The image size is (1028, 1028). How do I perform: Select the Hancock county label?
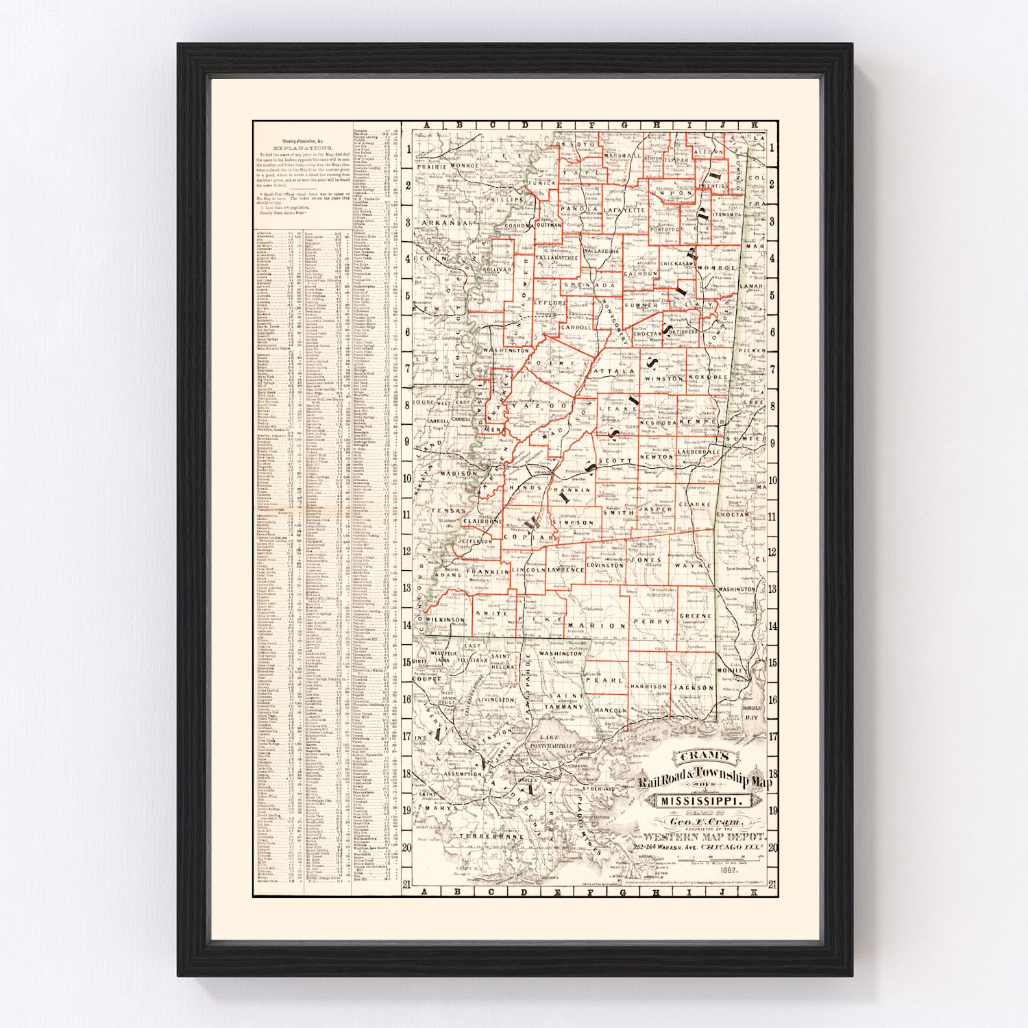(610, 711)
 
